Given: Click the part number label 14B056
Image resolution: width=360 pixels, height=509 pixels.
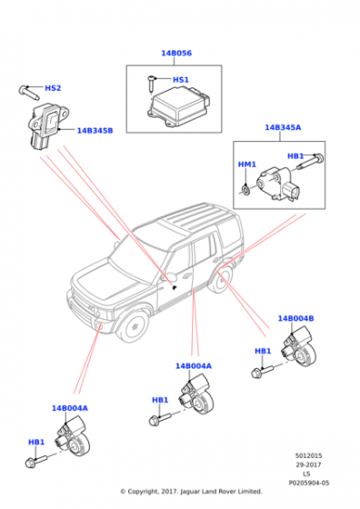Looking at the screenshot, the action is (x=176, y=54).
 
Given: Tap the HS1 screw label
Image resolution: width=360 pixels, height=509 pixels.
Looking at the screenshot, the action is (x=181, y=80).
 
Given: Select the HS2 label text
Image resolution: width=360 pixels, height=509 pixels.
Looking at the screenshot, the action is (x=53, y=88).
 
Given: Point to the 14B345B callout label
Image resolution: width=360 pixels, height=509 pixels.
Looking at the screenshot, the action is (x=95, y=131).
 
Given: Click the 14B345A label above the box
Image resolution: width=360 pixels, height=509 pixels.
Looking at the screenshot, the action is (x=283, y=127).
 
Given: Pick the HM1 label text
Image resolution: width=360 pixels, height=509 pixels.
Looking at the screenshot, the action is (x=247, y=165).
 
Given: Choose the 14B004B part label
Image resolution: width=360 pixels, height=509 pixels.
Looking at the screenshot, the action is (x=295, y=318).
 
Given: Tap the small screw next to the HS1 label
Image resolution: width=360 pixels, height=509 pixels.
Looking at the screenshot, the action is (x=152, y=85).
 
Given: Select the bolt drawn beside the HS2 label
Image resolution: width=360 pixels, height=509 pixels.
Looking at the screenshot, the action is (x=29, y=93).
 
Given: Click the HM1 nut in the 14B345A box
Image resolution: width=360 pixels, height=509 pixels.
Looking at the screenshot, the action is (x=246, y=190).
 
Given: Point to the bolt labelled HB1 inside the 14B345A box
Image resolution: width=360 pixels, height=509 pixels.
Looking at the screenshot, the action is (x=311, y=163).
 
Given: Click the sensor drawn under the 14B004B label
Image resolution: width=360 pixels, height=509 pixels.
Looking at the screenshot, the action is (x=300, y=347).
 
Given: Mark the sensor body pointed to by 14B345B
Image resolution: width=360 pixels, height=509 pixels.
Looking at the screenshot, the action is (x=47, y=126).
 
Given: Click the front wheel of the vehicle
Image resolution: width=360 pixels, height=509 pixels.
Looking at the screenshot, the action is (x=133, y=325).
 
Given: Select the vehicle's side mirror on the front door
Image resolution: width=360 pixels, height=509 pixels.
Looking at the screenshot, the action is (x=171, y=278).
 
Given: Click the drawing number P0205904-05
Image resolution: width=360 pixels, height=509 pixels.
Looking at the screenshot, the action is (x=309, y=484).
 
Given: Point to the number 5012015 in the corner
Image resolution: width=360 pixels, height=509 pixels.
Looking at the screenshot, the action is (x=309, y=455).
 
